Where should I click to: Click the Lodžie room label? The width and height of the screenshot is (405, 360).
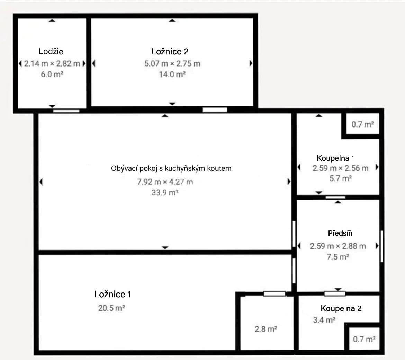(51, 51)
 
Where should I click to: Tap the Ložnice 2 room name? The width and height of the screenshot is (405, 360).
(170, 51)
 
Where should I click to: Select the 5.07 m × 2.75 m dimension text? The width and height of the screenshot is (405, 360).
(172, 63)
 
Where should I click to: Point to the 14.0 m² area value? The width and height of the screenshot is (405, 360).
(172, 74)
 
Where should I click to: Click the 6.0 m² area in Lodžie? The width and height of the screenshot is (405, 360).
(52, 74)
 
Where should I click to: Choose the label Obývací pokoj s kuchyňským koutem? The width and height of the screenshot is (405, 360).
(171, 168)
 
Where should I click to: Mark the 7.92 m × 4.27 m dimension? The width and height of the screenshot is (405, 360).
(165, 182)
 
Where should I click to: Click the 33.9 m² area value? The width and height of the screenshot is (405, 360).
(165, 193)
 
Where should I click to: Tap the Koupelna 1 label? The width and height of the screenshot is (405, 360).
(335, 158)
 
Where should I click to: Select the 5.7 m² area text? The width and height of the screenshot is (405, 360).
(340, 178)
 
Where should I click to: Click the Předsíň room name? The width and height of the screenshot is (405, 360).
(340, 233)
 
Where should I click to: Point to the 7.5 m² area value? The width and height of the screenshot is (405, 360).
(337, 257)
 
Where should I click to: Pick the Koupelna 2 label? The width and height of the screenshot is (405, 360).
(341, 308)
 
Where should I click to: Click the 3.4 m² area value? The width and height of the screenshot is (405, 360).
(324, 320)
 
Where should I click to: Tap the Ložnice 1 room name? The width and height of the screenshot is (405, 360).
(112, 294)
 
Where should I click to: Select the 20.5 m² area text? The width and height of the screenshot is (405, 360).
(111, 308)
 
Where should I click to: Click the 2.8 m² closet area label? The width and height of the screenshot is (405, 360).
(265, 329)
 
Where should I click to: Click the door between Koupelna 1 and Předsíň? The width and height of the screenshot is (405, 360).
(335, 197)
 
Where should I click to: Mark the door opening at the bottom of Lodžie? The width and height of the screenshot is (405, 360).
(66, 111)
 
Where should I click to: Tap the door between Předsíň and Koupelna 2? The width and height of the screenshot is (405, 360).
(334, 294)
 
